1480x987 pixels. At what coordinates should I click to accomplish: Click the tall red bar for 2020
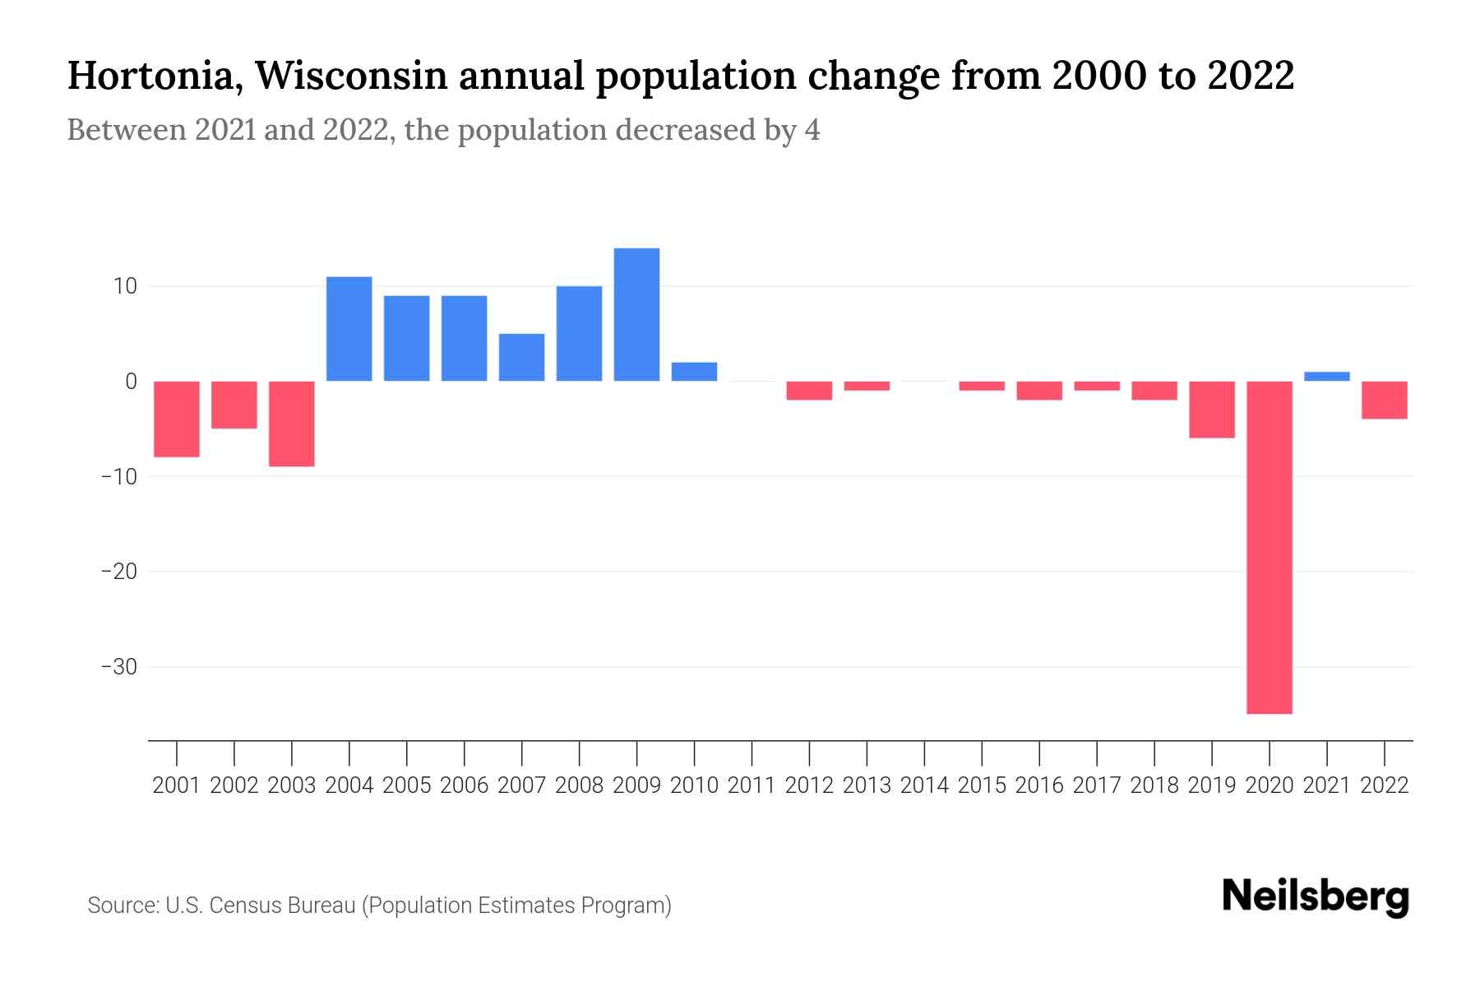click(1270, 547)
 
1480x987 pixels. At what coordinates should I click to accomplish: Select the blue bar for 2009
click(636, 314)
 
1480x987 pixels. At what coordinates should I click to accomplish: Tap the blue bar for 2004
click(349, 329)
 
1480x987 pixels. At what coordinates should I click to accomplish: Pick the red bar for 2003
click(292, 424)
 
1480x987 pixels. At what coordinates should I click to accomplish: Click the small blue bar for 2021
click(1327, 377)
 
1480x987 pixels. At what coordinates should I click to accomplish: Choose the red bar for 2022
click(1385, 400)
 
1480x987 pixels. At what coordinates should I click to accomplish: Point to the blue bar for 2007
click(521, 357)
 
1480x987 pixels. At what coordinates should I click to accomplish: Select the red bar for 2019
click(1212, 410)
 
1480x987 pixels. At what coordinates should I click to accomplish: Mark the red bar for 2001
click(177, 419)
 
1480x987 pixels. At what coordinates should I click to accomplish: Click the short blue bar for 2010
click(694, 372)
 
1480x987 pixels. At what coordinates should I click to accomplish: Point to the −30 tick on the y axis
click(118, 666)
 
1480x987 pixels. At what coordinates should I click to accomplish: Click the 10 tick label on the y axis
click(125, 286)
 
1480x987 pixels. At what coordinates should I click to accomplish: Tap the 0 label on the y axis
click(131, 382)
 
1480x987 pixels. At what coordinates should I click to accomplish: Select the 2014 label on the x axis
click(924, 785)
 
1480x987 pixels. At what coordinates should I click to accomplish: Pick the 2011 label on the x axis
click(752, 785)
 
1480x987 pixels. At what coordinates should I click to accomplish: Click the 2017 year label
click(1097, 785)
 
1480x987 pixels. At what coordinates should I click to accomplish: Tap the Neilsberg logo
click(1316, 897)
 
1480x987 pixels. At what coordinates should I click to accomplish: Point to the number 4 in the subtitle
click(812, 130)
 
